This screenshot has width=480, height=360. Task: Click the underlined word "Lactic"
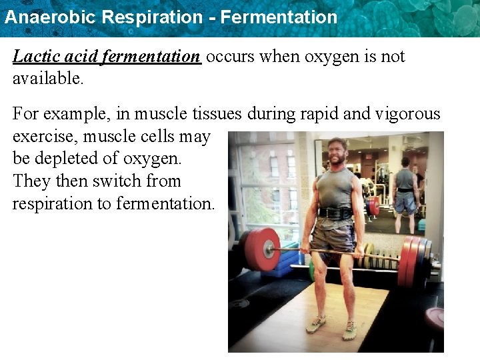coord(34,57)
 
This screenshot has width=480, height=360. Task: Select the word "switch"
coord(117,181)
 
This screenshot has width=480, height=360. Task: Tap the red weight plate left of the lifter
coord(261,249)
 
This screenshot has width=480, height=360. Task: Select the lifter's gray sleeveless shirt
coord(335,189)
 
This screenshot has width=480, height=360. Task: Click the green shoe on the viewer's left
coord(316,325)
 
